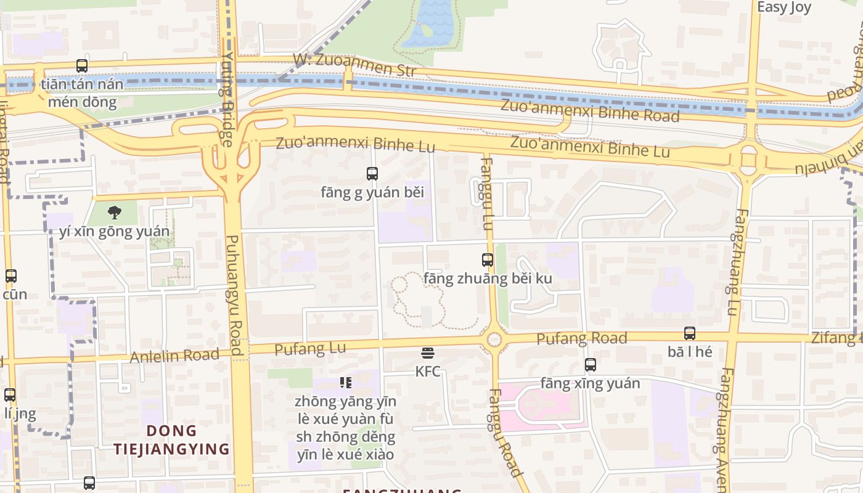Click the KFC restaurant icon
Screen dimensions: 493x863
point(428,353)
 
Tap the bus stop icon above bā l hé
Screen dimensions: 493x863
point(689,333)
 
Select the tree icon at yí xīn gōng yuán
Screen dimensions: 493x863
point(114,213)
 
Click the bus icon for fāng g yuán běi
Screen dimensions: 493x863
point(372,174)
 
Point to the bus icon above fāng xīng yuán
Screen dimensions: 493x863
point(590,365)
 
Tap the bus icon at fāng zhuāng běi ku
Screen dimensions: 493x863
point(487,260)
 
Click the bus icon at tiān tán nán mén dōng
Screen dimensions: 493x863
point(81,65)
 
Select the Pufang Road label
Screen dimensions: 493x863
point(581,338)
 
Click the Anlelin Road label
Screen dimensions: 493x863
point(174,356)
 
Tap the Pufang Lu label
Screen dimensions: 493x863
point(310,349)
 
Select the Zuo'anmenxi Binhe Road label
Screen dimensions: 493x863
point(590,111)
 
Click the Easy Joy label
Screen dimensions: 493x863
point(784,7)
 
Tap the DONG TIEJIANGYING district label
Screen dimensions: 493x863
point(171,439)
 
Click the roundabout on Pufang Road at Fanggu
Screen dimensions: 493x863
point(494,338)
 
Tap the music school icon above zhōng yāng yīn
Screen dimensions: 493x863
point(345,383)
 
